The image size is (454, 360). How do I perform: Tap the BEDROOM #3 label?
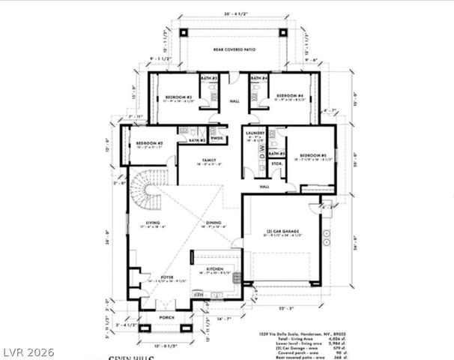tap(178, 97)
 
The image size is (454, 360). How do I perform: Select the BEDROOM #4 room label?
tap(289, 96)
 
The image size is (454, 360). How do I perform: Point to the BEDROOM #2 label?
tap(150, 143)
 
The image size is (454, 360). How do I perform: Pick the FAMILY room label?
tap(208, 160)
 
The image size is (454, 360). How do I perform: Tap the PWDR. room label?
tap(217, 139)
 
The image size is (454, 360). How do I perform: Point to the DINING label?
tap(214, 223)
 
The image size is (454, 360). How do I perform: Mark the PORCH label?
tap(166, 317)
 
